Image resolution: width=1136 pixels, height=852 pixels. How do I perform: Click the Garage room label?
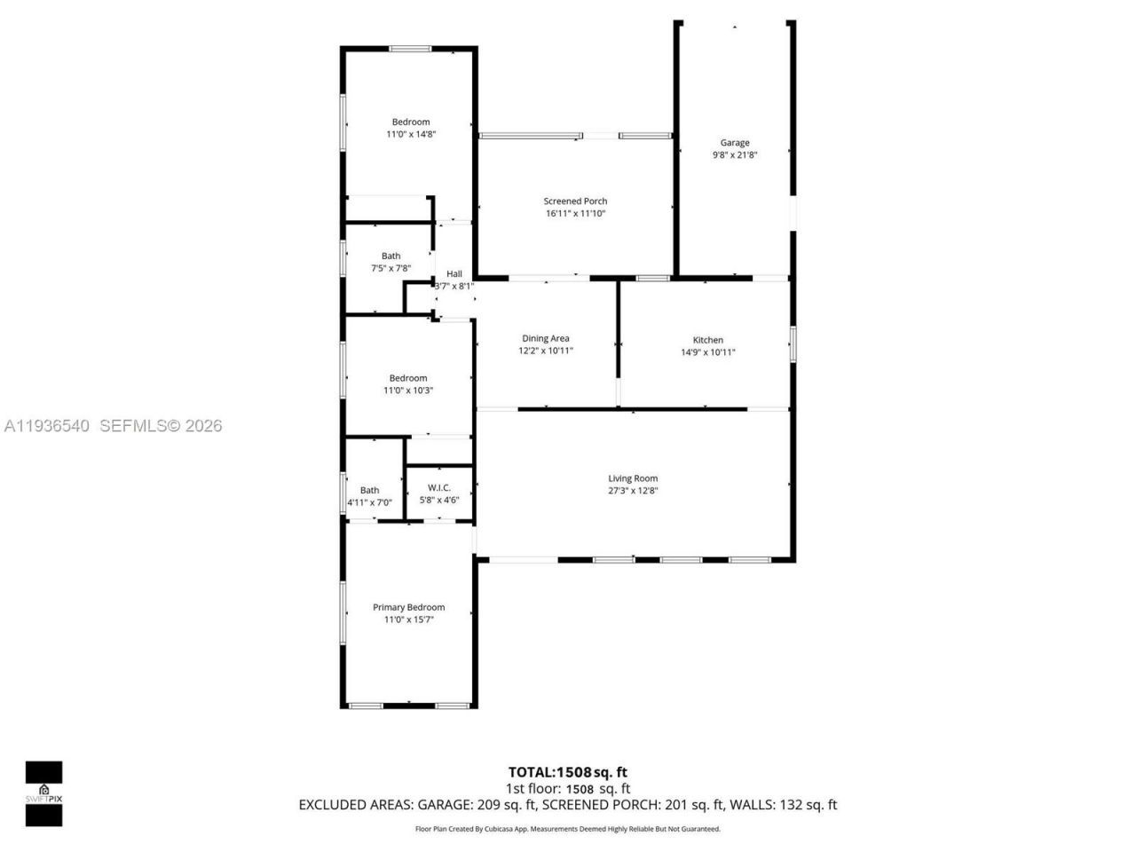coord(734,142)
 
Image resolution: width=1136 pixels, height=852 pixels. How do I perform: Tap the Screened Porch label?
coord(575,201)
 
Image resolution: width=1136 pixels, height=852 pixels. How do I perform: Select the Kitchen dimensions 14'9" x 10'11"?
coord(707,352)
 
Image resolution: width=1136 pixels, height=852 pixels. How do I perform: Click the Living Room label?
coord(633,478)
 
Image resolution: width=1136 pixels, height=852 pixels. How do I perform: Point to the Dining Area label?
coord(546,338)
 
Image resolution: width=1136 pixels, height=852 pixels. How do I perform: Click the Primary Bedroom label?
coord(408,607)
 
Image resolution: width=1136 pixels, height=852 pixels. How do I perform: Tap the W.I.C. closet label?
coord(439,487)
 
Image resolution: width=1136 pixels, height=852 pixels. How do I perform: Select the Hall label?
coord(454,274)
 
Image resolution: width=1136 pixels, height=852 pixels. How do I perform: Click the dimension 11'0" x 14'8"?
coord(411,135)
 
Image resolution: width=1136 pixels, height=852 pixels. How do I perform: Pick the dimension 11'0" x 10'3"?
coord(408,390)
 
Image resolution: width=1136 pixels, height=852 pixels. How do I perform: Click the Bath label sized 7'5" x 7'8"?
coord(390,256)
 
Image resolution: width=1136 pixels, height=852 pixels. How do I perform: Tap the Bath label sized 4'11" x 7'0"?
coord(369,490)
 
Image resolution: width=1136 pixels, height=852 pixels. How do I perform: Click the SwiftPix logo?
coord(43,793)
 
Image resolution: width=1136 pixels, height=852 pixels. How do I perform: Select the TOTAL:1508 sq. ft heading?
coord(567,772)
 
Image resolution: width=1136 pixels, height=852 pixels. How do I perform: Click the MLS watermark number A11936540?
coord(47,426)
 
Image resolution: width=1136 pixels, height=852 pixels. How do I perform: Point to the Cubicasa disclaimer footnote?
coord(567,829)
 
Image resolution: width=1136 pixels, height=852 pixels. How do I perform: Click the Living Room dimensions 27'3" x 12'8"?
coord(633,491)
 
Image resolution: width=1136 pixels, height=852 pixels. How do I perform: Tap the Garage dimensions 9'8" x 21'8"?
coord(734,154)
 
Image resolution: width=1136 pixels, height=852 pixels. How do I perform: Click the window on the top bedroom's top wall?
coord(410,49)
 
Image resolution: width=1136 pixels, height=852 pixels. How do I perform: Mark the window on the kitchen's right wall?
coord(793,344)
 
